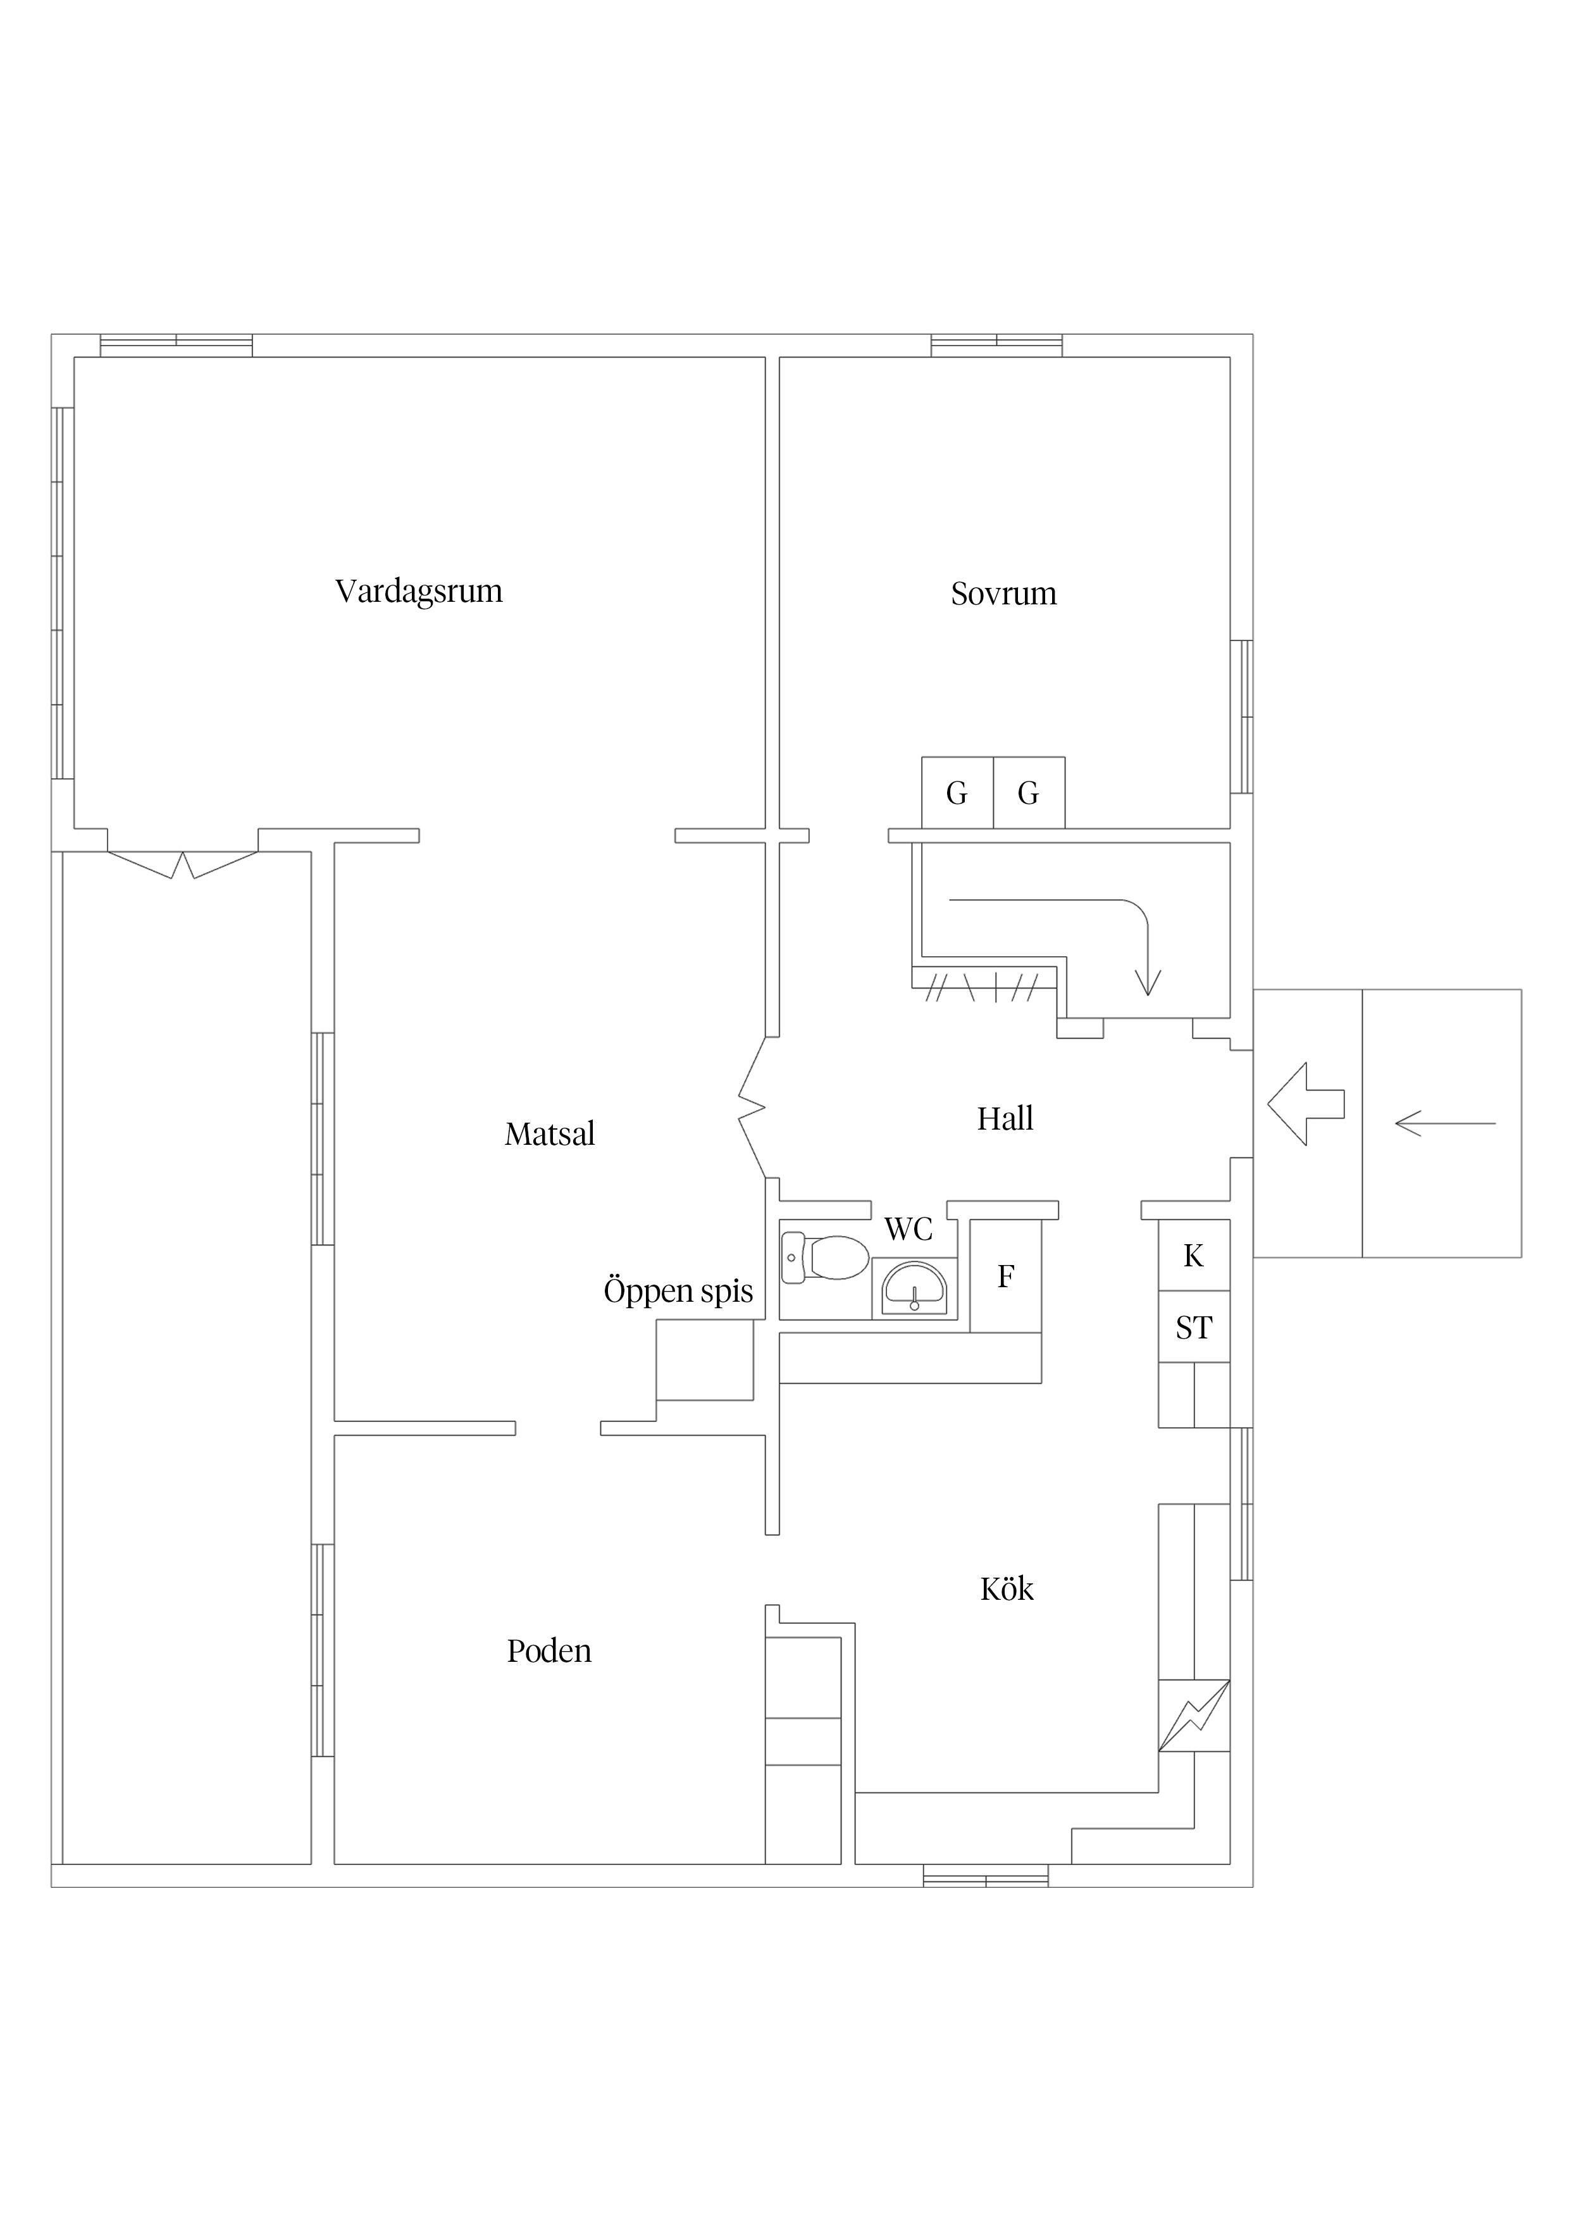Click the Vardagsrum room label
tap(419, 592)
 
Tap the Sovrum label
tap(1003, 594)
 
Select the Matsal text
tap(549, 1133)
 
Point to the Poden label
tap(549, 1650)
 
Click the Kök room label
tap(1007, 1588)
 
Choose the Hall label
tap(1005, 1119)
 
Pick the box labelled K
tap(1194, 1255)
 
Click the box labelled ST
tap(1194, 1326)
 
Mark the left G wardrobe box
tap(957, 793)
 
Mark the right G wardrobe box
tap(1029, 793)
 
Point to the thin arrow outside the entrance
tap(1445, 1123)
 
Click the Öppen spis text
tap(678, 1292)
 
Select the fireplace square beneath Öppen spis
tap(705, 1359)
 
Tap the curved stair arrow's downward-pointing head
tap(1148, 982)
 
